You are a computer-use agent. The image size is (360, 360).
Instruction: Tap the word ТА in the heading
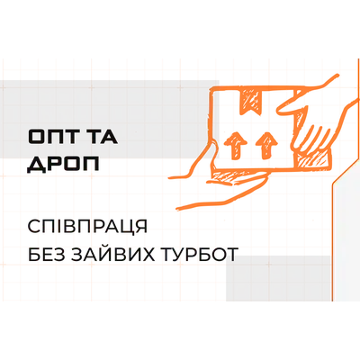click(x=103, y=137)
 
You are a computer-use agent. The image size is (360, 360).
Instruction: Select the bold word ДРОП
click(x=63, y=165)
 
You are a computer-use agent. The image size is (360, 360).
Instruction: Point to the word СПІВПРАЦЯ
click(x=87, y=227)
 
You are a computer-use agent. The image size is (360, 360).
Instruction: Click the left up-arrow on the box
click(x=236, y=145)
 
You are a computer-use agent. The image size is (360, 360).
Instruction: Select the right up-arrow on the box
click(x=265, y=145)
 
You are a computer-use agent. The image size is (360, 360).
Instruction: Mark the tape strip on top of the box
click(x=251, y=101)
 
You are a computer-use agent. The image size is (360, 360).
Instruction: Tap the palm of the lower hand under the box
click(x=237, y=179)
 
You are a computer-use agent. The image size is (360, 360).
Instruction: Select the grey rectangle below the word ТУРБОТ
click(x=278, y=278)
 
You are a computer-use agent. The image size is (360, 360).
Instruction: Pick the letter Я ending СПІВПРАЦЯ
click(x=141, y=227)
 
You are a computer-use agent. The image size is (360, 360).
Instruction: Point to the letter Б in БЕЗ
click(x=33, y=255)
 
